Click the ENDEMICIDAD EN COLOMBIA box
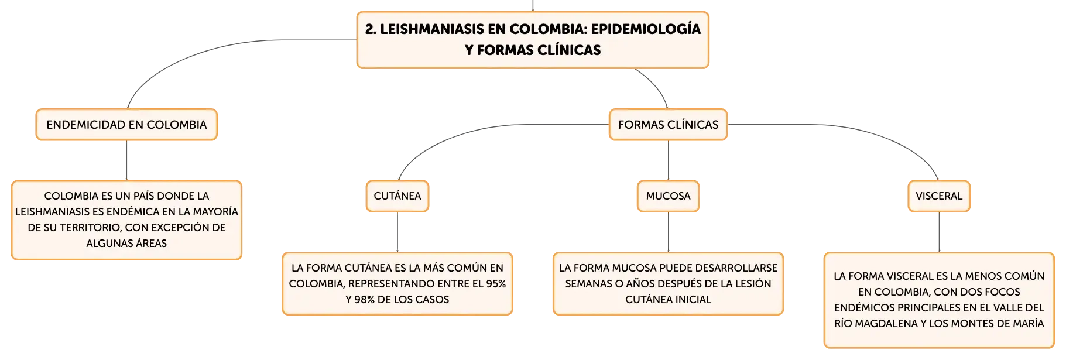point(126,125)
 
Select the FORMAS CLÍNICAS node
point(668,125)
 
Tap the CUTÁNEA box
point(397,196)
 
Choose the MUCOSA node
point(668,196)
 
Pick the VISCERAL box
point(939,196)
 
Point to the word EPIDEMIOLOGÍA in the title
point(646,29)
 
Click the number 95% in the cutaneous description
point(495,284)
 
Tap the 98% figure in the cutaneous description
point(364,300)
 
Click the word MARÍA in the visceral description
point(1029,324)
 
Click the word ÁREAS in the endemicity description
point(152,243)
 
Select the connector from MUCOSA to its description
point(668,232)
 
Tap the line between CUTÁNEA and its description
point(397,232)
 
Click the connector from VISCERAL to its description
point(939,232)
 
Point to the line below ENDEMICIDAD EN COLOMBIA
point(126,160)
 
